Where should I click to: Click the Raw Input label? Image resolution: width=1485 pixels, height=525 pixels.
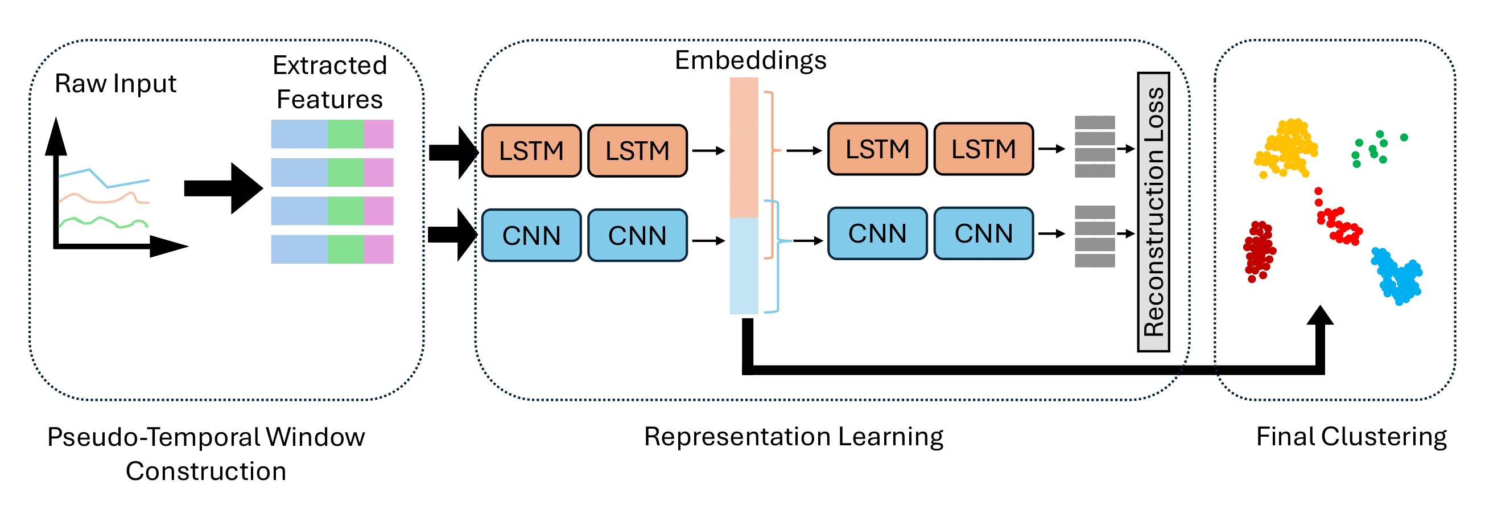[x=115, y=84]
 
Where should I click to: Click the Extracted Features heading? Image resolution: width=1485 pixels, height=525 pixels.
[x=330, y=82]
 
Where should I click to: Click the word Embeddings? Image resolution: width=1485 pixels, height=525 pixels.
[x=750, y=60]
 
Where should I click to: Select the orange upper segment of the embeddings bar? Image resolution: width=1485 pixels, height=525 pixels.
[x=744, y=147]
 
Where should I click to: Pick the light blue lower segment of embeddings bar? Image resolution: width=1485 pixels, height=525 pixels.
[x=744, y=265]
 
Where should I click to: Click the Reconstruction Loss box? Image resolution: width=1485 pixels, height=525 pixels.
[x=1153, y=212]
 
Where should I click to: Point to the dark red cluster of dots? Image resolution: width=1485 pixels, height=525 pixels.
[x=1259, y=251]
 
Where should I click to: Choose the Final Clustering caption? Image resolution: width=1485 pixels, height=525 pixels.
[x=1351, y=437]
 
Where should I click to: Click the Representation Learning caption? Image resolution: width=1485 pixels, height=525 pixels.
[x=793, y=437]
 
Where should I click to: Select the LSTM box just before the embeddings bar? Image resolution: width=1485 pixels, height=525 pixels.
[x=638, y=150]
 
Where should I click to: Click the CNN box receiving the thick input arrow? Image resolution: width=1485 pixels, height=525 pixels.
[x=531, y=235]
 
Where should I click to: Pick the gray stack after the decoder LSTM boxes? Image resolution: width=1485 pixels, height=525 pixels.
[x=1095, y=146]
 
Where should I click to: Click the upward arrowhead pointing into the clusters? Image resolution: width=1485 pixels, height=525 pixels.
[x=1320, y=316]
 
